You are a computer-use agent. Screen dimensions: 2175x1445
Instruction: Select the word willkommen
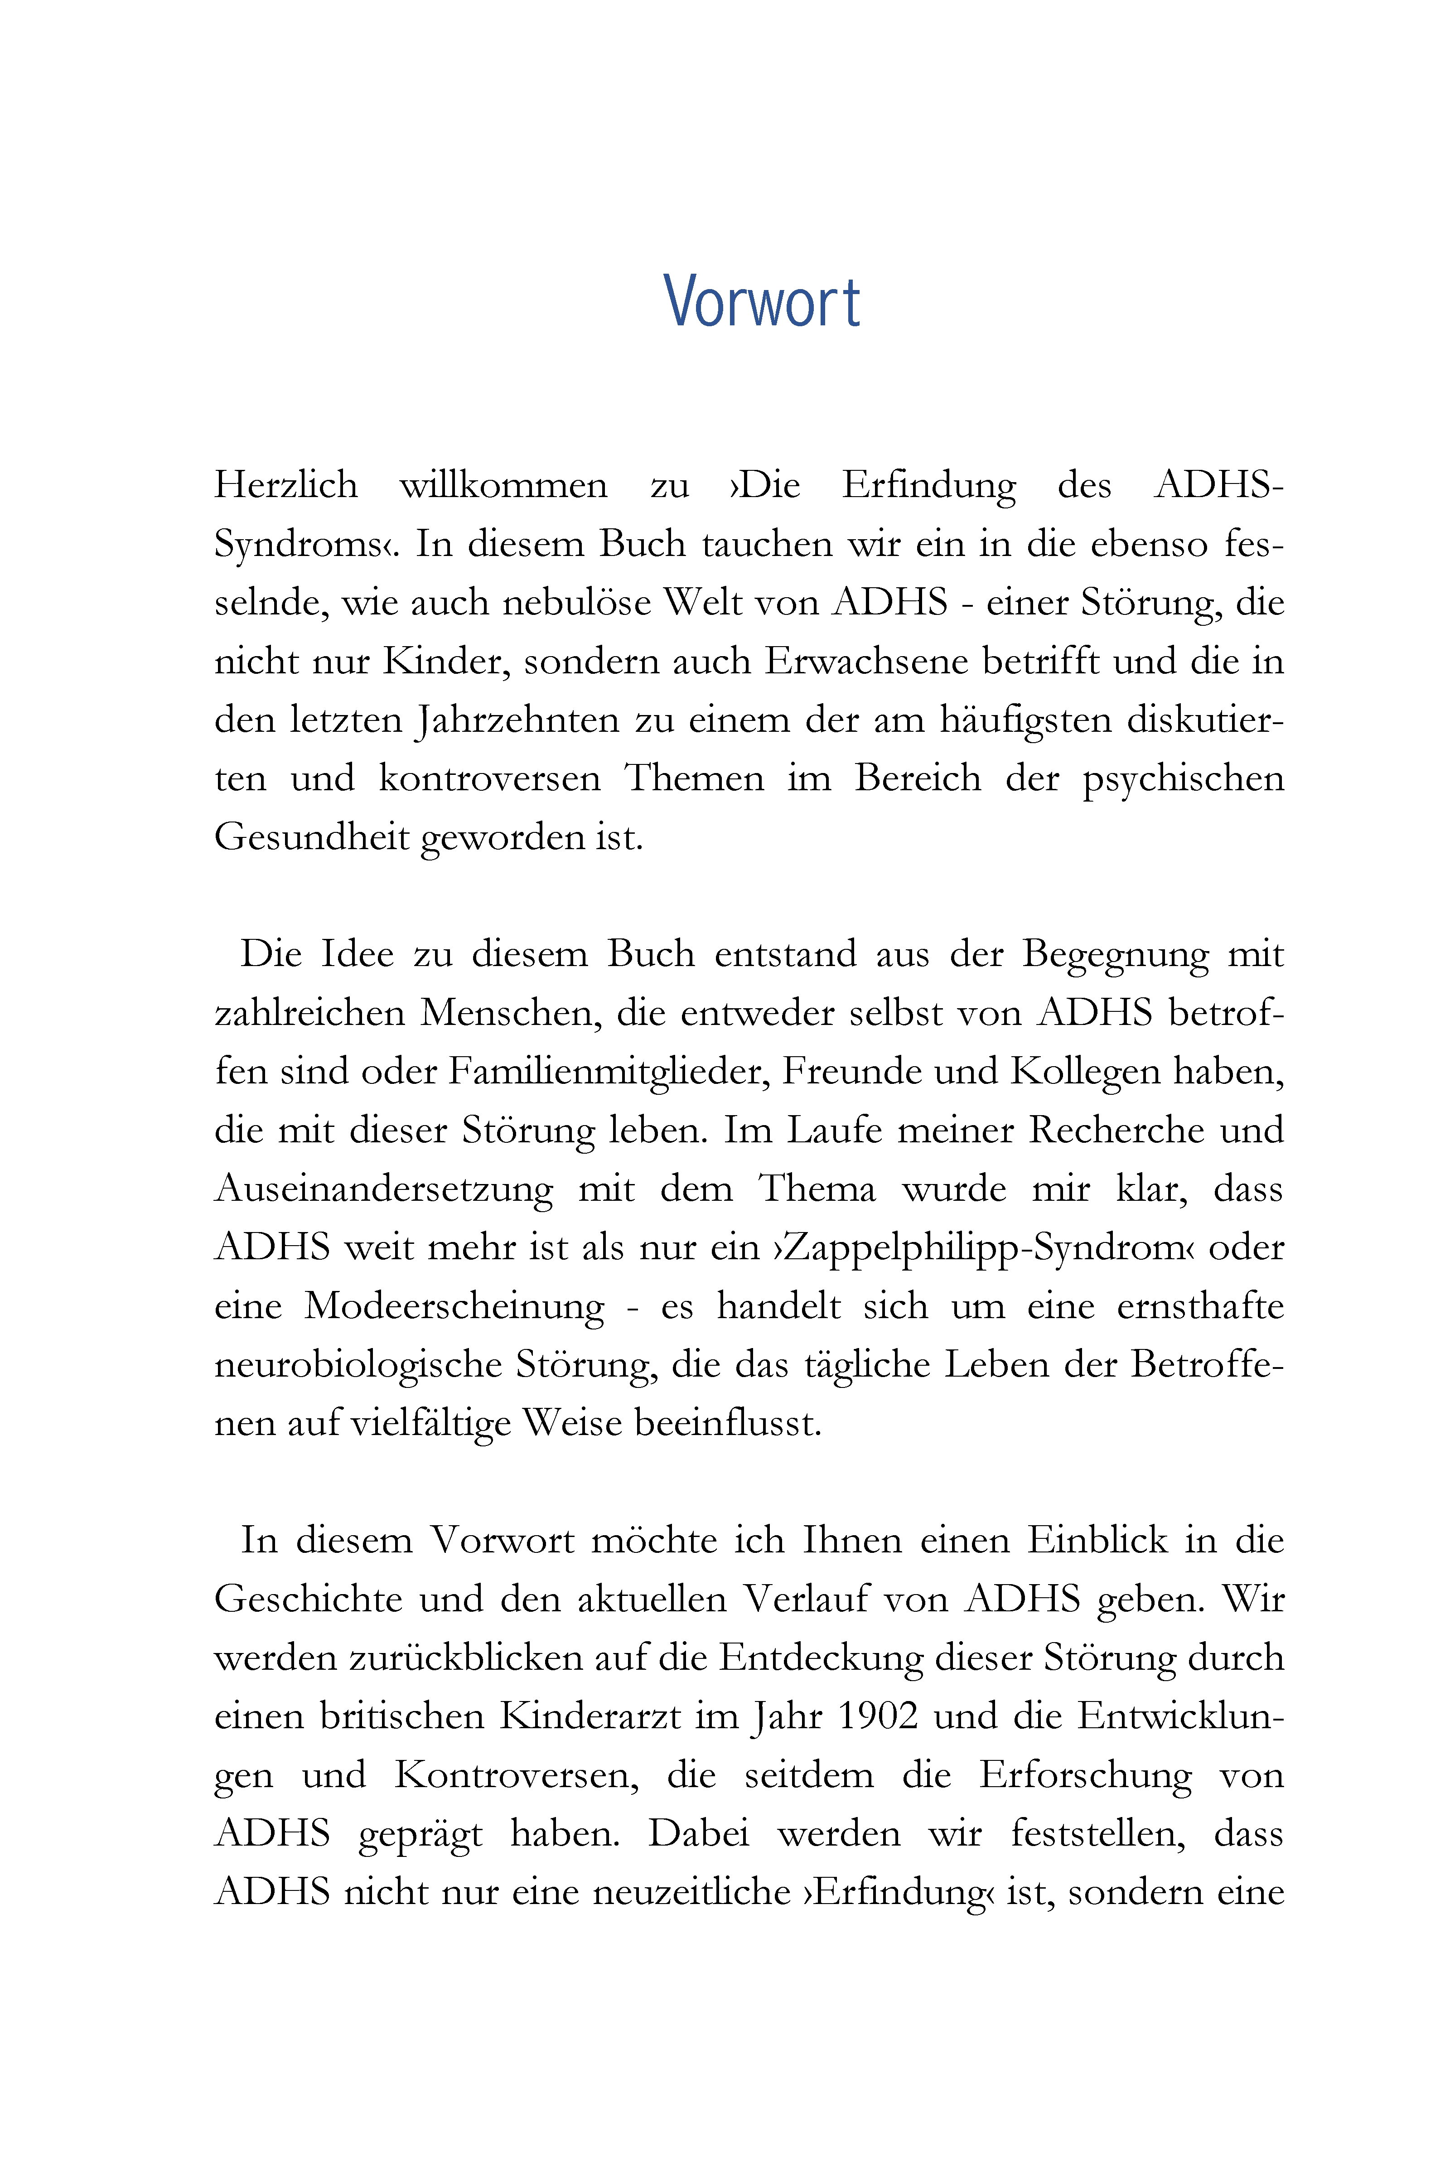click(x=503, y=486)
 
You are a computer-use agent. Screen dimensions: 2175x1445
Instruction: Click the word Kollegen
click(x=1085, y=1072)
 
